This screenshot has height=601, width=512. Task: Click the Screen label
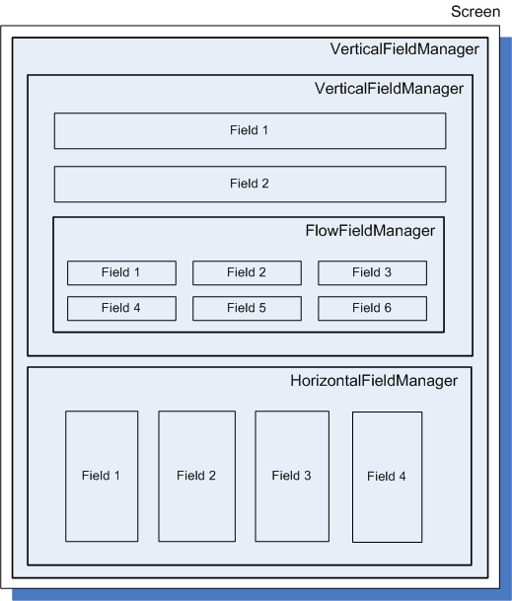coord(475,12)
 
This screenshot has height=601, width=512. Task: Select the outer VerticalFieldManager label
coord(404,49)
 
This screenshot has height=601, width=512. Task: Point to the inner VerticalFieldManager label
coord(389,89)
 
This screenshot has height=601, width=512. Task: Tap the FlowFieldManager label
coord(370,231)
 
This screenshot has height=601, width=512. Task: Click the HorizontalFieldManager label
coord(374,381)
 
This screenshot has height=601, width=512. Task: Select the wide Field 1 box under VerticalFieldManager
coord(251,130)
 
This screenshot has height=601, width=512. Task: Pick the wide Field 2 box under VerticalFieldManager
coord(251,184)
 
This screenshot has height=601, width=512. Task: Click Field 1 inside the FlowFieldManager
coord(122,273)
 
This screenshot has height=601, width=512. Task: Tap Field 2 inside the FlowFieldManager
coord(248,273)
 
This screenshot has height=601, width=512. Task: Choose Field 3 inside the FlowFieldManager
coord(373,273)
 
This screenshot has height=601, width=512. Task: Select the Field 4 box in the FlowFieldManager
coord(122,308)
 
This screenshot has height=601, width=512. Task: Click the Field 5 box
coord(248,308)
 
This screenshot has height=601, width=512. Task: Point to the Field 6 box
coord(373,308)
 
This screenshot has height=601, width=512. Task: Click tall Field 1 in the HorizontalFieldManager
coord(102,477)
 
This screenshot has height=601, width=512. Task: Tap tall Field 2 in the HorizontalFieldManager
coord(197,477)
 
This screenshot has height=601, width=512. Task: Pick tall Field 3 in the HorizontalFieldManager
coord(292,477)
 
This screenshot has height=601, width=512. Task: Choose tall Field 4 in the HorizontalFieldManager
coord(388,478)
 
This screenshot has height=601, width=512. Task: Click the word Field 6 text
coord(372,308)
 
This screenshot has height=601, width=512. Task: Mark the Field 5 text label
coord(247,308)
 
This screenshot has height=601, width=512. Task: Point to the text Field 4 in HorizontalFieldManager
coord(387,477)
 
